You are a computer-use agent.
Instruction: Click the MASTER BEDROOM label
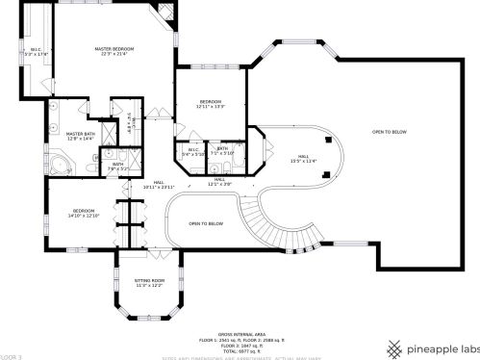[x=114, y=47]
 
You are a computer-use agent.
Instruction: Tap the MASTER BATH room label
[x=80, y=133]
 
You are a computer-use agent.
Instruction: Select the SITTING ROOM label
[x=148, y=280]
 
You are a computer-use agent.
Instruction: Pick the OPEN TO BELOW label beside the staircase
[x=206, y=222]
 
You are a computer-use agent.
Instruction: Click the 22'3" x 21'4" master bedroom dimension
[x=114, y=53]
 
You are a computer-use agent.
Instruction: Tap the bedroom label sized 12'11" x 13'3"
[x=211, y=102]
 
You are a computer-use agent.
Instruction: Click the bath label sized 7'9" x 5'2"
[x=117, y=166]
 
